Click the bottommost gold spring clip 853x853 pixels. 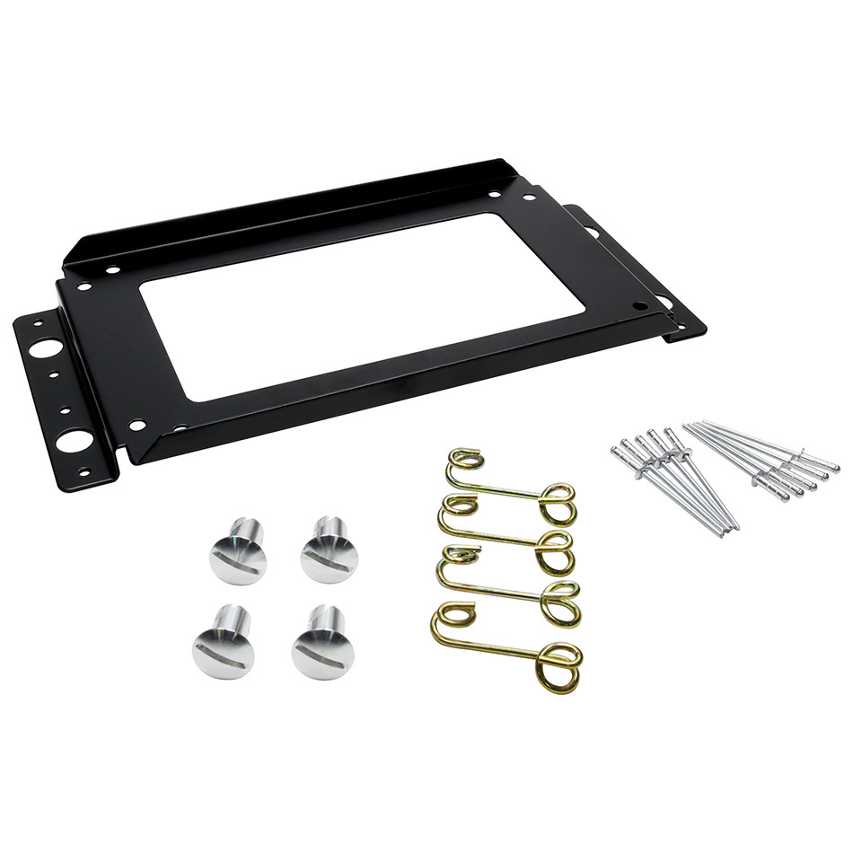click(x=506, y=646)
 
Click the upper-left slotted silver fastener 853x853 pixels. click(x=238, y=553)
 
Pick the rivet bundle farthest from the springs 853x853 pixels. click(x=763, y=458)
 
